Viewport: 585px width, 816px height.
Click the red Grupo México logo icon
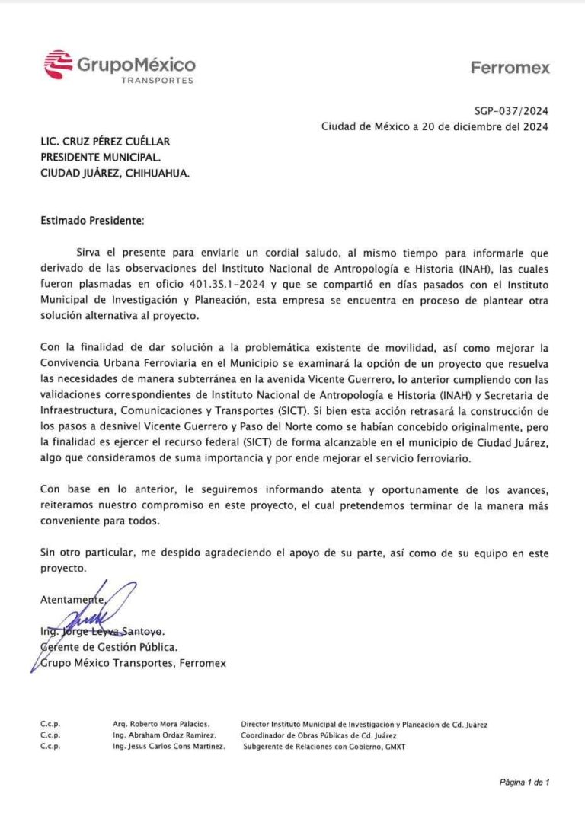(58, 65)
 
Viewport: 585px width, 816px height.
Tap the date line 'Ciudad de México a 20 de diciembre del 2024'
(433, 126)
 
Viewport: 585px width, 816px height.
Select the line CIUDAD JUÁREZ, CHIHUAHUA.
(115, 173)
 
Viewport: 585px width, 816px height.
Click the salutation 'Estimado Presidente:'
(91, 221)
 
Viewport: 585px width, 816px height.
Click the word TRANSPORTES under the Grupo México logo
(157, 80)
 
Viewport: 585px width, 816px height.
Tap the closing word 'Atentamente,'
(71, 600)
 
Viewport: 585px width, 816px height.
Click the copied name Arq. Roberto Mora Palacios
(161, 724)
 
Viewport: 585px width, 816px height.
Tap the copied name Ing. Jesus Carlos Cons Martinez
(168, 747)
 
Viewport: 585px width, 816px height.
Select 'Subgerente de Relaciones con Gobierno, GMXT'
(324, 747)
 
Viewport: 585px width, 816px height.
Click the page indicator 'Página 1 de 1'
(524, 782)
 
